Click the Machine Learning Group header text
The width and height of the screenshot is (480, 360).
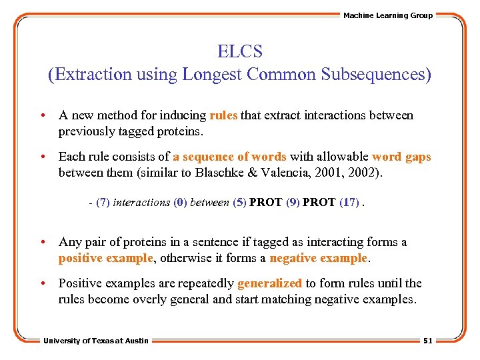point(387,15)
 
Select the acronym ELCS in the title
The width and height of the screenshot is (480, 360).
point(240,51)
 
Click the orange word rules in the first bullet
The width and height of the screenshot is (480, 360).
point(223,115)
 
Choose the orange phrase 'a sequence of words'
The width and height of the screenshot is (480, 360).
point(229,157)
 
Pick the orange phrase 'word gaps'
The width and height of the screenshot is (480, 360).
point(401,157)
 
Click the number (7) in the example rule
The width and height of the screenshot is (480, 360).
point(103,203)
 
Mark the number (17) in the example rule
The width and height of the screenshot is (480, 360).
point(349,203)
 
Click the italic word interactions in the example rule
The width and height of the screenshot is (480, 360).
point(142,203)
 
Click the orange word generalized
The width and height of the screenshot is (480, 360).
point(269,283)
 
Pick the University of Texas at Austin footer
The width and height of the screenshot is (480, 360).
point(96,341)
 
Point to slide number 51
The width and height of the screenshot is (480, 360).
point(428,341)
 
